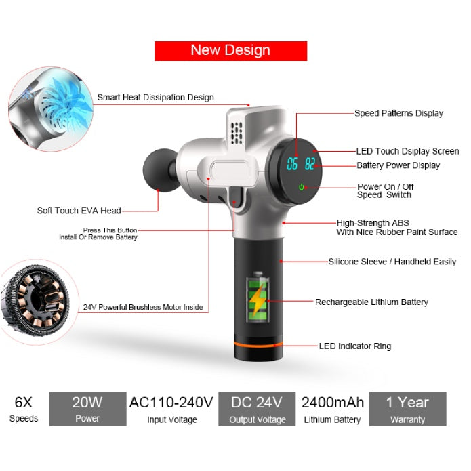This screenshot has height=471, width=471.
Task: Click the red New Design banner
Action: (x=230, y=51)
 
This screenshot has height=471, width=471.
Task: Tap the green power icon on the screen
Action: (x=302, y=187)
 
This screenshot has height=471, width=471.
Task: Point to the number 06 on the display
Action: (x=292, y=164)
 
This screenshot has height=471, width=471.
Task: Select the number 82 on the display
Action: (x=310, y=164)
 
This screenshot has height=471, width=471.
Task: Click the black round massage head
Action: (x=160, y=170)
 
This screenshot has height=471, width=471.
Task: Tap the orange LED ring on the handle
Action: (x=258, y=344)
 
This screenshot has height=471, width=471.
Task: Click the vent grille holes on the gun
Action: (x=237, y=132)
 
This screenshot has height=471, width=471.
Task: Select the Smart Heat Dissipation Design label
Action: (x=156, y=98)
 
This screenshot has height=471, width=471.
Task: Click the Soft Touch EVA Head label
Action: (x=79, y=211)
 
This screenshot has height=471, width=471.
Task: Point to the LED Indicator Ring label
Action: (x=355, y=346)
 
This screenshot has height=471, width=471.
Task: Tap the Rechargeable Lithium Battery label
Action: (x=371, y=302)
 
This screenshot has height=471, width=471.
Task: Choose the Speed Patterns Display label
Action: (x=398, y=113)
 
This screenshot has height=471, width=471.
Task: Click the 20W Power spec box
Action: (x=87, y=409)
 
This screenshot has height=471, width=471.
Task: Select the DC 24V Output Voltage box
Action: (x=257, y=409)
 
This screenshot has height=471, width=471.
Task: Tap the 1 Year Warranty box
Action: (x=407, y=409)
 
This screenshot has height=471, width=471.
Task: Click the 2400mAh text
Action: (x=333, y=403)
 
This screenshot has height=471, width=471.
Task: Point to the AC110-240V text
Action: (x=171, y=403)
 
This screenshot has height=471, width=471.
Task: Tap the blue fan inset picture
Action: (x=50, y=109)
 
